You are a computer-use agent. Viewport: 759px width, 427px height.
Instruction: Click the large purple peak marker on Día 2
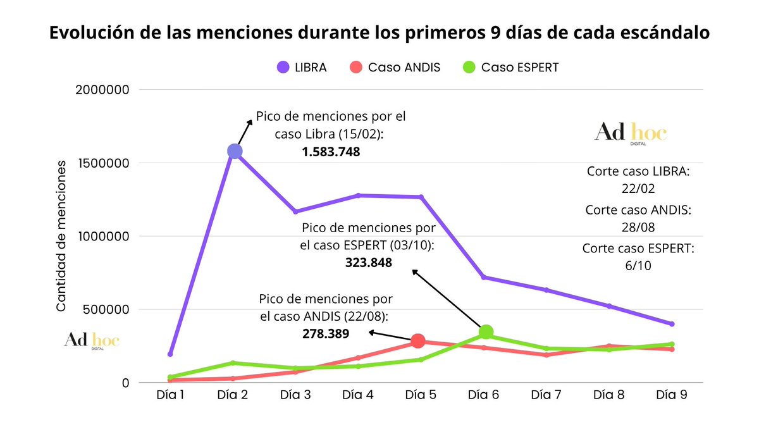click(x=235, y=151)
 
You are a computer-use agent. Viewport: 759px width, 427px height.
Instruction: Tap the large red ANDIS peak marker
click(x=417, y=341)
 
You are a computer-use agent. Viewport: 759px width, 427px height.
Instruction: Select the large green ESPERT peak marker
click(x=486, y=331)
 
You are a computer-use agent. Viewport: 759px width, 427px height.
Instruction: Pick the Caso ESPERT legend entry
click(x=511, y=67)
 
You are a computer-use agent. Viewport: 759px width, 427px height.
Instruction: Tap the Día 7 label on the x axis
click(x=546, y=394)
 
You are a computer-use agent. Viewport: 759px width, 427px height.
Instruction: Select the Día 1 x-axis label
click(x=171, y=394)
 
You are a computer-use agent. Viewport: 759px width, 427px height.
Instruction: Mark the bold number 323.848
click(x=369, y=263)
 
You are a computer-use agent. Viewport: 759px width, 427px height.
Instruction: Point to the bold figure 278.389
click(x=326, y=333)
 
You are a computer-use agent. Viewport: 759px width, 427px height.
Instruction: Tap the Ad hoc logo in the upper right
click(x=631, y=133)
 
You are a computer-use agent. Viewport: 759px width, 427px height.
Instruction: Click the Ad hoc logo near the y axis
click(x=91, y=340)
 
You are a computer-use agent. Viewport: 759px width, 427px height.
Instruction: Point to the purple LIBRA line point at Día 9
click(x=672, y=324)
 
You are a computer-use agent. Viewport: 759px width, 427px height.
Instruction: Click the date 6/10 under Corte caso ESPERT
click(x=638, y=266)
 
